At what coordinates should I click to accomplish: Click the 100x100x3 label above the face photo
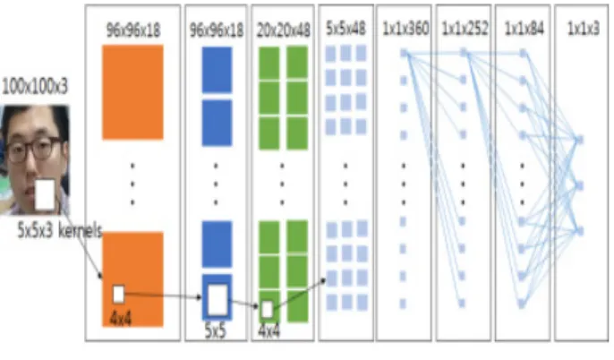click(x=35, y=87)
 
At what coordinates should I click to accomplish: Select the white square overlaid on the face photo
click(x=46, y=194)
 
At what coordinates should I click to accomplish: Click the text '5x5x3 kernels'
click(x=59, y=230)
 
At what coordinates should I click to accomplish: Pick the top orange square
click(x=132, y=92)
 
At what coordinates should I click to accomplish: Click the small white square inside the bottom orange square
click(x=119, y=295)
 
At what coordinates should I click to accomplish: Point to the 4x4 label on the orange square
click(x=121, y=319)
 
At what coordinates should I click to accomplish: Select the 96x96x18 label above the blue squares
click(x=217, y=30)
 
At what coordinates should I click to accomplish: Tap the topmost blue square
click(x=217, y=70)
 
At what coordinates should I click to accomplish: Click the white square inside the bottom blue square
click(x=217, y=301)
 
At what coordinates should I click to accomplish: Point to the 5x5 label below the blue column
click(x=216, y=331)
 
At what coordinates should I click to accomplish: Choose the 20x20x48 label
click(x=283, y=30)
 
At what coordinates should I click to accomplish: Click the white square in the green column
click(x=267, y=310)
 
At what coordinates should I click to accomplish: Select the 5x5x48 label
click(x=345, y=28)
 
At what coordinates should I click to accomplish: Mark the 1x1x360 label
click(x=405, y=28)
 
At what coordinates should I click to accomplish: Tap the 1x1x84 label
click(x=524, y=28)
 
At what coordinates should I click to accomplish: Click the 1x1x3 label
click(x=583, y=28)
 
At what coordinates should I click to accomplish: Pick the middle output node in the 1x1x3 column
click(x=579, y=185)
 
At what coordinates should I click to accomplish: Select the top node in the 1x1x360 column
click(x=405, y=53)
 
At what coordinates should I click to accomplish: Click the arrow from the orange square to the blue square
click(x=163, y=296)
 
